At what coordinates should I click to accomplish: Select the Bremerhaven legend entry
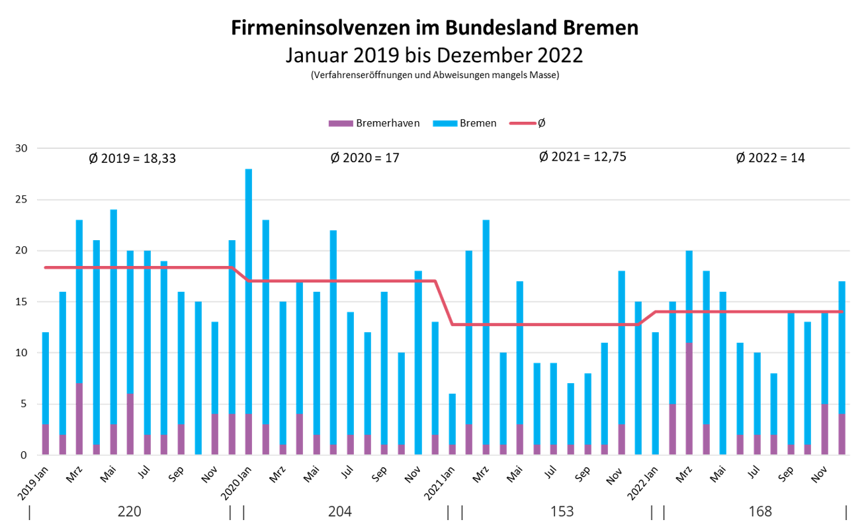pos(374,123)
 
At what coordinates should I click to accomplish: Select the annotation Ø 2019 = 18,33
pos(132,159)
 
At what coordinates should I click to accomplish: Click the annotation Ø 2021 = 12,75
pos(582,157)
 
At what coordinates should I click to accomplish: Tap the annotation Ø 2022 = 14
pos(770,159)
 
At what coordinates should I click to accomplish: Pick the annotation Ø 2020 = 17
pos(365,159)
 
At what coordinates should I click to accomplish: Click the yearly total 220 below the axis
pos(129,512)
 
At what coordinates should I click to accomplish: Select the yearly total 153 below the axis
pos(562,512)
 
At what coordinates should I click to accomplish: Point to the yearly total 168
pos(759,512)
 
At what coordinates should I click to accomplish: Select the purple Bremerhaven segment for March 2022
pos(689,399)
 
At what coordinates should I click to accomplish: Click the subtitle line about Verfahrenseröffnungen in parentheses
pos(435,75)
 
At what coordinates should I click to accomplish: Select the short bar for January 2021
pos(452,423)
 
